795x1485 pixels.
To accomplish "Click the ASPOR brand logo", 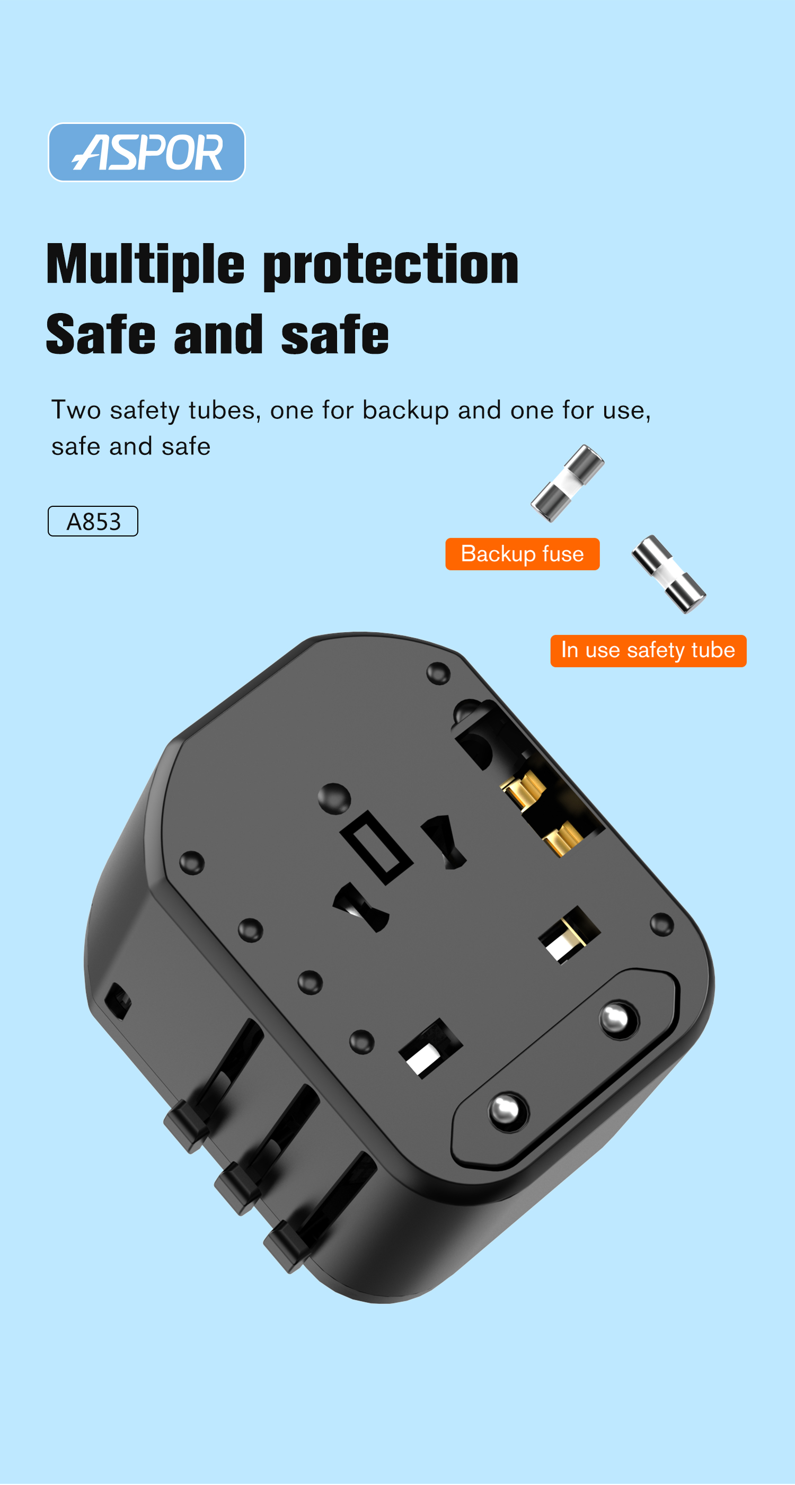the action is (x=146, y=152).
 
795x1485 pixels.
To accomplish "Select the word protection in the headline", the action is (x=391, y=265).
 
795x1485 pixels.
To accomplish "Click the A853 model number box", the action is (x=93, y=521).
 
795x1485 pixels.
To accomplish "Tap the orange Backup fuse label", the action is (x=523, y=554).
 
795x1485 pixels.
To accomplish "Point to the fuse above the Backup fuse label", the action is (x=568, y=483).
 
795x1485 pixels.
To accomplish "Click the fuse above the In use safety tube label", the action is (x=669, y=574).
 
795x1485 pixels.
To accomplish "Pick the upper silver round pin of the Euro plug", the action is (x=619, y=1019).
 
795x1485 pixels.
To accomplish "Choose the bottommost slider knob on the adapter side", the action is (x=287, y=1246).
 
